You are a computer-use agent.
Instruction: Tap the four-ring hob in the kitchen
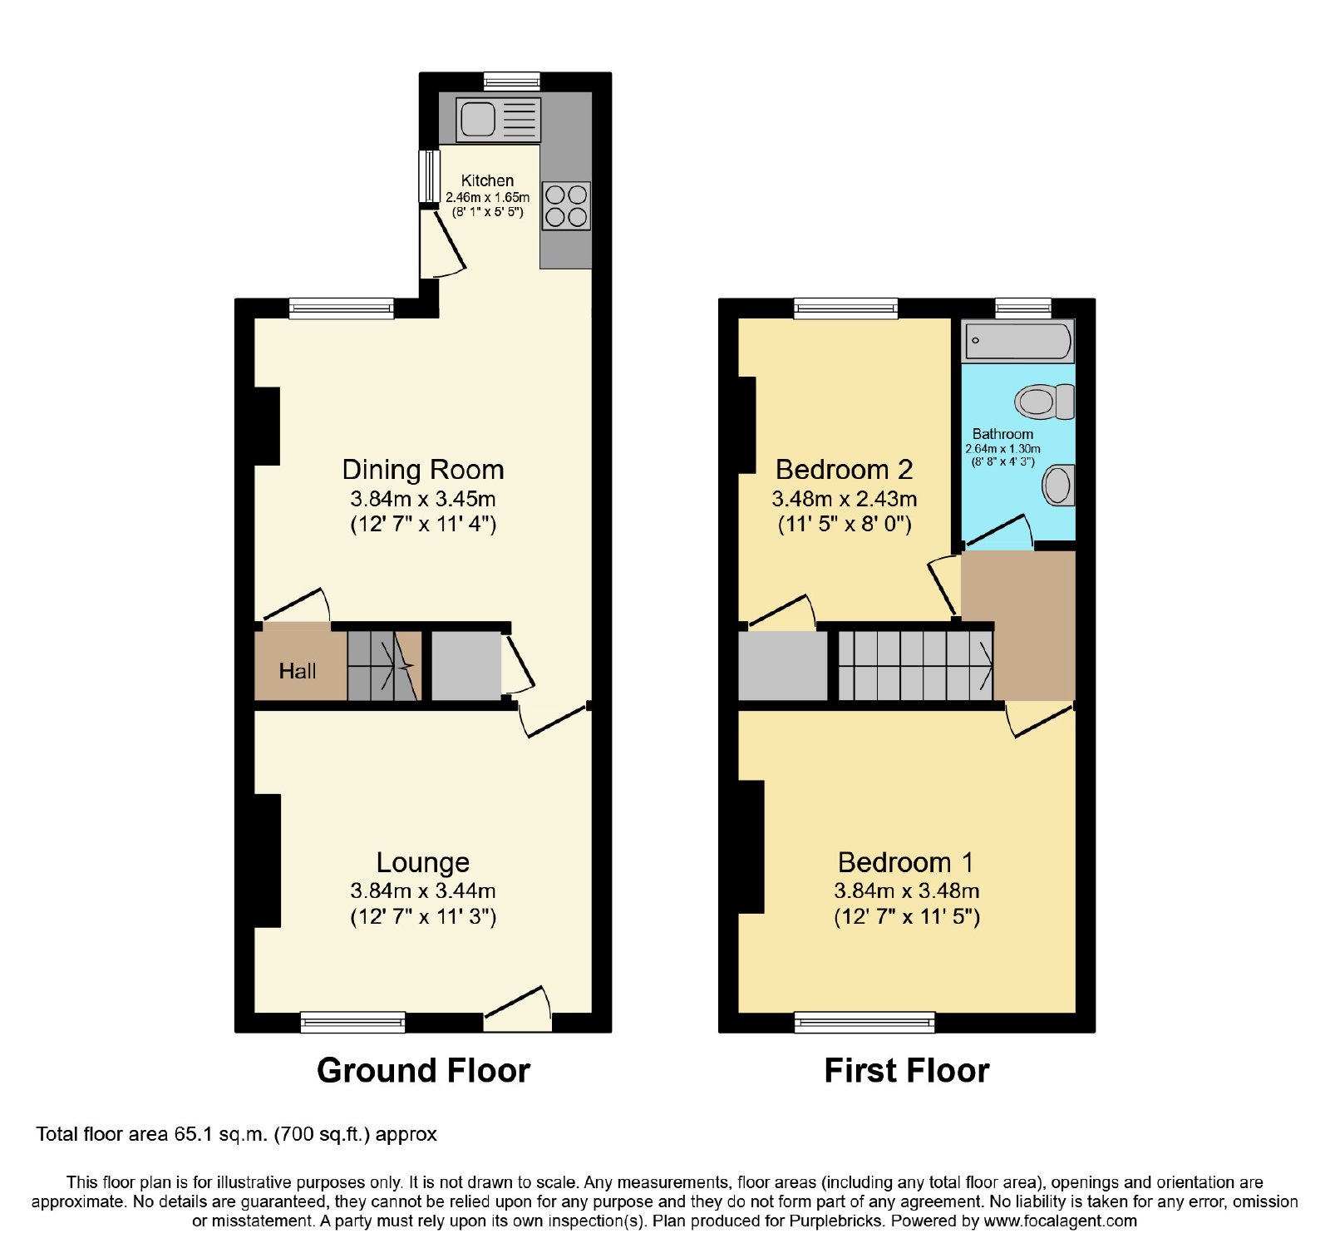click(x=566, y=205)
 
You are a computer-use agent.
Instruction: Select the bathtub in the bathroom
click(x=1018, y=341)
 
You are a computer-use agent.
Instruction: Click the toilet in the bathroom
click(x=1045, y=402)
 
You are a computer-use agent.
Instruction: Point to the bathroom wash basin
click(x=1058, y=485)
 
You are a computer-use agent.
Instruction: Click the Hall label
click(x=298, y=671)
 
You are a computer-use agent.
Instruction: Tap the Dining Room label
click(x=423, y=470)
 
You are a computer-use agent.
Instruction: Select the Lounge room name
click(x=423, y=862)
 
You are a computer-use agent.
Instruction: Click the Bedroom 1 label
click(x=906, y=862)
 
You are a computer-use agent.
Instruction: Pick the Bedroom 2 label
click(x=845, y=470)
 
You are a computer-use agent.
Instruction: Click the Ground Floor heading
click(x=424, y=1071)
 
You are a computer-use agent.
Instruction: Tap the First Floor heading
click(x=907, y=1071)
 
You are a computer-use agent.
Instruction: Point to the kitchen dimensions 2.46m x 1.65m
click(x=487, y=197)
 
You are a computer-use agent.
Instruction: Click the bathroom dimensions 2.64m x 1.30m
click(x=1002, y=449)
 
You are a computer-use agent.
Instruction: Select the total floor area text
click(x=237, y=1135)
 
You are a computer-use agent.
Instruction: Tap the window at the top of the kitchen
click(x=512, y=81)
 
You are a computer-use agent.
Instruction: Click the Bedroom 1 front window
click(x=864, y=1022)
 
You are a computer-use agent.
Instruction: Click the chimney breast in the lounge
click(x=267, y=861)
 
